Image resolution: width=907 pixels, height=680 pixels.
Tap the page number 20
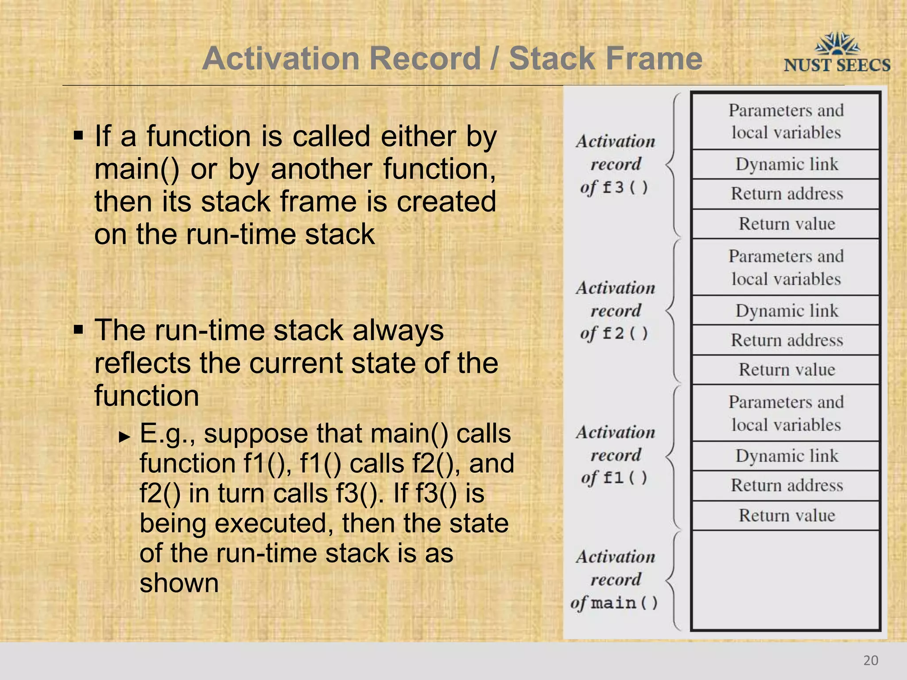(870, 660)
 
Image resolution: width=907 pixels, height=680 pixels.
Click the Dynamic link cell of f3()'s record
(786, 164)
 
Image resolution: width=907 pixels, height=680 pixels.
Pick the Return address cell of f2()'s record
(786, 340)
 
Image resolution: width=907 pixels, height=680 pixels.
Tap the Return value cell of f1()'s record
(786, 515)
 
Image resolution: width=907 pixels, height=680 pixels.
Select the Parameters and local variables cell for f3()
(786, 121)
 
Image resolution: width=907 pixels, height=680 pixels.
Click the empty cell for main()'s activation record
(786, 580)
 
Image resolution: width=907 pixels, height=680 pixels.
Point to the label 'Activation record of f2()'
(615, 310)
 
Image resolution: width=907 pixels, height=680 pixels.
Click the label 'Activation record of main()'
(615, 580)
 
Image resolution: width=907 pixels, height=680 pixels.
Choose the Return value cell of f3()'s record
(786, 224)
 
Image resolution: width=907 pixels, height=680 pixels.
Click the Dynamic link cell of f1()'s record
(786, 456)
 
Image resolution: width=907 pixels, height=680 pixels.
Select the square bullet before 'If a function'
(78, 135)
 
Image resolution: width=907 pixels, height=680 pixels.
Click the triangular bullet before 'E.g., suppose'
(125, 437)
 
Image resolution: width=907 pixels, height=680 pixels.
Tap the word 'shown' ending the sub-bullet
(179, 583)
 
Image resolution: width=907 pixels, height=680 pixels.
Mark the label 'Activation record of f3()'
(615, 164)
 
